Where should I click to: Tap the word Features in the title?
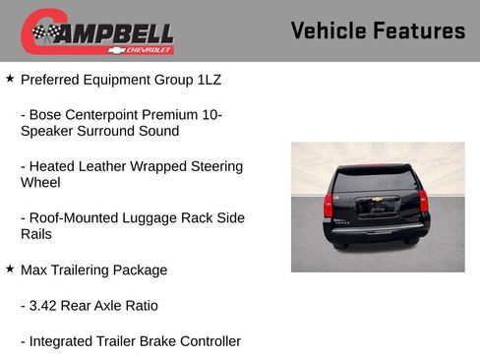420,30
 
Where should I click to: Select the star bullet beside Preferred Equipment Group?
10,76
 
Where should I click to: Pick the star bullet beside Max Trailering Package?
10,269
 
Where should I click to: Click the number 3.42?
47,306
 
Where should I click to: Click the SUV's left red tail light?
329,205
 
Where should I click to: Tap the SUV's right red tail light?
424,202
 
